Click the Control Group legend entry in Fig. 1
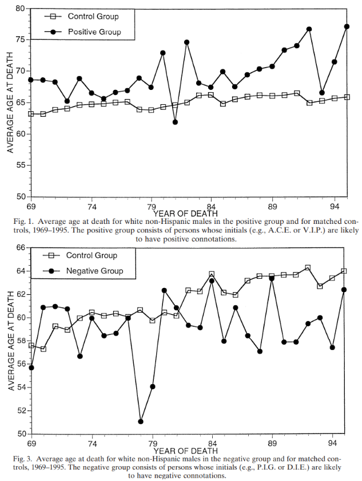coord(93,17)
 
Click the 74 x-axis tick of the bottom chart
coord(91,443)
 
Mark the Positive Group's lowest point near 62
coord(175,122)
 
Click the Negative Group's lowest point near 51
coord(141,421)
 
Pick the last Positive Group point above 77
coord(347,26)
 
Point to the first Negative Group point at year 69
coord(31,368)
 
